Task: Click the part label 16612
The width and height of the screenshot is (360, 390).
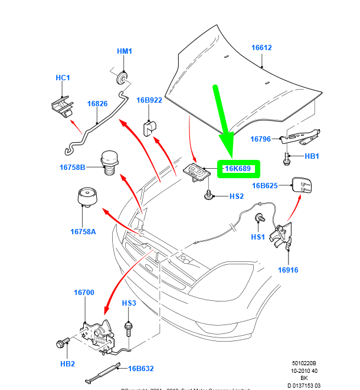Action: pyautogui.click(x=261, y=48)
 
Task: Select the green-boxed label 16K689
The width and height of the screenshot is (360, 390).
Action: pyautogui.click(x=238, y=169)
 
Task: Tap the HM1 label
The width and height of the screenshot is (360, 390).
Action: pyautogui.click(x=124, y=51)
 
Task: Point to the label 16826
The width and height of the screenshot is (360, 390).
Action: pyautogui.click(x=97, y=104)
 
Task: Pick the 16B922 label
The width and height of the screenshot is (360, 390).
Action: pyautogui.click(x=149, y=100)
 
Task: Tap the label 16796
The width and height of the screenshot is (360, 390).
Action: pyautogui.click(x=260, y=139)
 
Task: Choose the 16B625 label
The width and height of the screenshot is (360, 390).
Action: pyautogui.click(x=265, y=186)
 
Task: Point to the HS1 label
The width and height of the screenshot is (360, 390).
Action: pyautogui.click(x=258, y=237)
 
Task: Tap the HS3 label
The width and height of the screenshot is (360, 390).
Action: pyautogui.click(x=129, y=303)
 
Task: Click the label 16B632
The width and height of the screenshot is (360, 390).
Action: pyautogui.click(x=141, y=369)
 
